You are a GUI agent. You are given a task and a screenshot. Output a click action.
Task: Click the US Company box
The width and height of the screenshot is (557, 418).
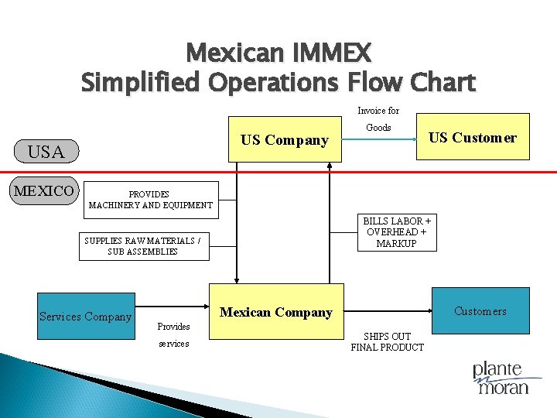point(284,140)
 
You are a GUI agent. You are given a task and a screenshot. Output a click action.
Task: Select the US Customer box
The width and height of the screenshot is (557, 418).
point(473,138)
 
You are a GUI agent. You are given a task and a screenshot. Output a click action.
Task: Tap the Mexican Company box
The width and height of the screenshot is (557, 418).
point(276,313)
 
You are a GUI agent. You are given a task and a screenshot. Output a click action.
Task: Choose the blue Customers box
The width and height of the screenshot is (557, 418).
point(480,311)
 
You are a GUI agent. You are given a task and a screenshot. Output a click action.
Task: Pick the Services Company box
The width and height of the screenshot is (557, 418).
point(86,316)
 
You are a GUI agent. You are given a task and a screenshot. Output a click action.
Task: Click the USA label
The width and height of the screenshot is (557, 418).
point(46,152)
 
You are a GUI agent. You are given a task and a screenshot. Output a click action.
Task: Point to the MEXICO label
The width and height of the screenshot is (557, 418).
point(45,190)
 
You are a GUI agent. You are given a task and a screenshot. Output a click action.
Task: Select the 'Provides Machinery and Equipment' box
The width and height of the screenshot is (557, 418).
point(150,200)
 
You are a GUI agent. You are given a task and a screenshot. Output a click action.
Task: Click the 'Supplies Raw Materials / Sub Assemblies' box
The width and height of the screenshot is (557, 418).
point(143,246)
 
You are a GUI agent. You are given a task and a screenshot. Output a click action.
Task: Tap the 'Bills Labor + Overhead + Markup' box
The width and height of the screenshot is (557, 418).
point(397,232)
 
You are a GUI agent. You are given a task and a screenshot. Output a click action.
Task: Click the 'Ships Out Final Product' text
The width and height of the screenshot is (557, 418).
point(387,341)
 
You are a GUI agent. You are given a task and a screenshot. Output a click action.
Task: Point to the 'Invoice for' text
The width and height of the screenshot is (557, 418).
point(378,111)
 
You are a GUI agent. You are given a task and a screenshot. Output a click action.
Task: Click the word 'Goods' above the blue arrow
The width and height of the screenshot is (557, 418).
point(378,127)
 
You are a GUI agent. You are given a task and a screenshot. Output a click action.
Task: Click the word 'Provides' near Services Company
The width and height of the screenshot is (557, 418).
point(173,327)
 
